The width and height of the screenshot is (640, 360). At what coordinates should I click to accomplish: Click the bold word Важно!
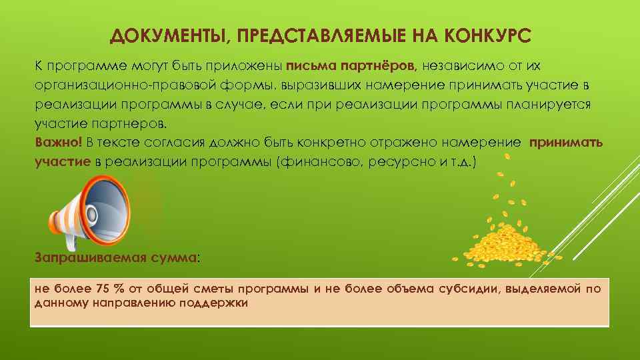[x=58, y=142]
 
